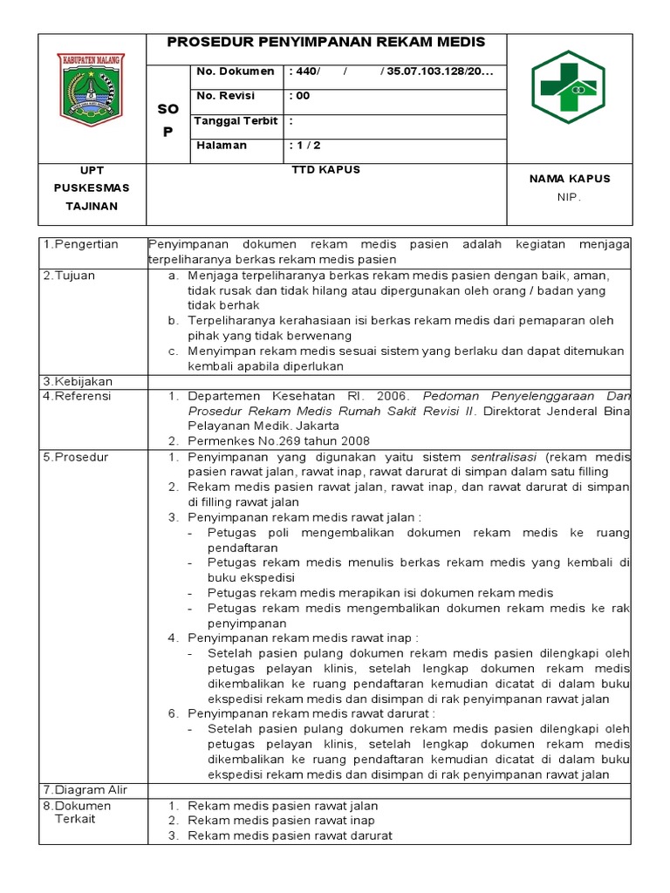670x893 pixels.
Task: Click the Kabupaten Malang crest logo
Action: tap(91, 89)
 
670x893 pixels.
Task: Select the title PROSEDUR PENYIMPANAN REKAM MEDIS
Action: tap(325, 43)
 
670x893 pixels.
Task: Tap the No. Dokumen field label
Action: tap(236, 72)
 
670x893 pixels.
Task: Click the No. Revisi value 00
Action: tap(303, 96)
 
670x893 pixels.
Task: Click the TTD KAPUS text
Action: tap(325, 170)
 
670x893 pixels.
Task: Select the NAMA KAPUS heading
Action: tap(570, 179)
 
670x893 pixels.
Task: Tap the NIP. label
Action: tap(569, 197)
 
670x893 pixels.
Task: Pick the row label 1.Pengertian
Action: tap(81, 245)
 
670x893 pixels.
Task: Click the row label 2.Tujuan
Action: tap(70, 276)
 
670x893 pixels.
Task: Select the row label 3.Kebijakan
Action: tap(78, 382)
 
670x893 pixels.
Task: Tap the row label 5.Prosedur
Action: tap(76, 458)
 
